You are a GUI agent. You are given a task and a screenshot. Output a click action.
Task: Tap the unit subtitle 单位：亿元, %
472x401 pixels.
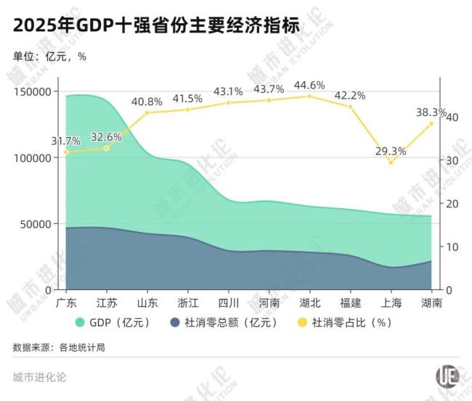tap(49, 57)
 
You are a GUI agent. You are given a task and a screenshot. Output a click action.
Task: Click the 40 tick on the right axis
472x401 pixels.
tap(450, 117)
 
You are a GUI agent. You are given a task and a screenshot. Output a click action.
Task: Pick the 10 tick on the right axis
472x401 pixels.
tap(450, 247)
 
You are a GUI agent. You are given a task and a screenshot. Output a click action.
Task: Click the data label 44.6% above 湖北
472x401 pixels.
tap(309, 86)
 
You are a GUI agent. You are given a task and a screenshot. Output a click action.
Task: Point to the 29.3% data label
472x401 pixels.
tap(391, 151)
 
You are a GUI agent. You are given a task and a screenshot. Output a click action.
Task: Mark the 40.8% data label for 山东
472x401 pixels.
tap(147, 102)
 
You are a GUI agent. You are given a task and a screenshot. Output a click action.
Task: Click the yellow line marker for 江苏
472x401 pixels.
tap(106, 148)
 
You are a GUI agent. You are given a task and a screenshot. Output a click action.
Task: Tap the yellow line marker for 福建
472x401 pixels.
tap(350, 107)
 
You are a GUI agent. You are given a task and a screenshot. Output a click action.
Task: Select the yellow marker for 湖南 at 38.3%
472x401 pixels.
tap(431, 123)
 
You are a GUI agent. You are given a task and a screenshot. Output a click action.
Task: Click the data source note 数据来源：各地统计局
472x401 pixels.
tap(59, 347)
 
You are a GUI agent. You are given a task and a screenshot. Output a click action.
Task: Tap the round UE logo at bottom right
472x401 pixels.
tap(447, 376)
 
